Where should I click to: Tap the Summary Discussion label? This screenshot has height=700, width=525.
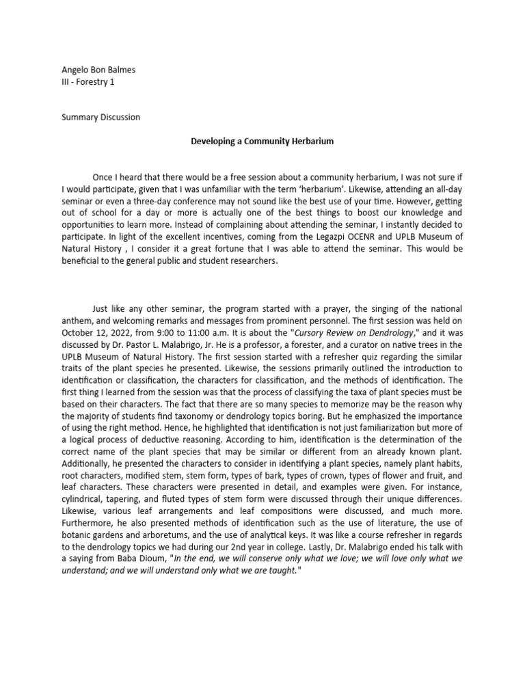tap(100, 117)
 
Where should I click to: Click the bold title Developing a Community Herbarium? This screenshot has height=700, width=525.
tap(262, 141)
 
